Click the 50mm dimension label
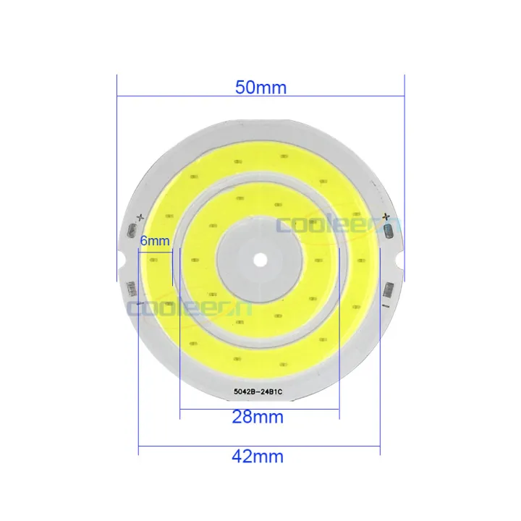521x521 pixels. click(x=260, y=88)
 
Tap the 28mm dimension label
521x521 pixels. click(x=258, y=418)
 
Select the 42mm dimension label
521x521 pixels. click(x=258, y=457)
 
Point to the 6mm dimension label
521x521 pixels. click(x=154, y=240)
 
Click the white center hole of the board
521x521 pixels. click(x=260, y=258)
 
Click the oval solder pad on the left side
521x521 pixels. click(x=132, y=231)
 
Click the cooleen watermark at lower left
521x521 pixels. click(x=188, y=307)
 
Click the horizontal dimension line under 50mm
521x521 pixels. click(x=260, y=96)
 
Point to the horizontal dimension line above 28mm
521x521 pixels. click(x=259, y=409)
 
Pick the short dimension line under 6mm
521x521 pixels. click(x=154, y=251)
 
